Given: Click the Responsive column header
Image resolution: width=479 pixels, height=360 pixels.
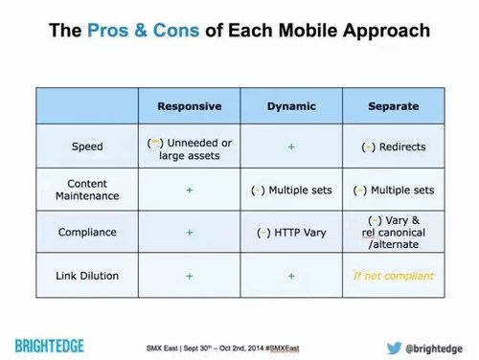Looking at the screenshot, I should (x=190, y=106).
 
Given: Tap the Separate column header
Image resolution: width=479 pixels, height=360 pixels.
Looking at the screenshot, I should (x=393, y=106).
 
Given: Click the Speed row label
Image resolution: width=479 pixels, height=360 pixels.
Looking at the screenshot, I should (x=87, y=147).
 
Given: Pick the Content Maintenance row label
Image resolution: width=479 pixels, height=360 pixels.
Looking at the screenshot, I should (x=87, y=190).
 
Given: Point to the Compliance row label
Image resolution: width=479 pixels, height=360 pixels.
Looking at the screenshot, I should (x=87, y=232).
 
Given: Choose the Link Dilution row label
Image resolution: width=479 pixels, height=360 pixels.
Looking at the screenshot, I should (x=87, y=276).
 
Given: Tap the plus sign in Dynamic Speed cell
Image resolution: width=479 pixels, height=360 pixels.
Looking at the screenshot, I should (x=290, y=147).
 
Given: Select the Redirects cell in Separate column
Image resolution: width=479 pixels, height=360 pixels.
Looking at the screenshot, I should (x=393, y=147).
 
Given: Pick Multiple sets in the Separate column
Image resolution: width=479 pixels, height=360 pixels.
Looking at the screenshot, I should (x=393, y=190).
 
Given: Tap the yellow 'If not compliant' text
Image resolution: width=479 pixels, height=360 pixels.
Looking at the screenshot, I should (x=393, y=276).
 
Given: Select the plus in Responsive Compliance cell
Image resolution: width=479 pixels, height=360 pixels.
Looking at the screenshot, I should (x=190, y=232).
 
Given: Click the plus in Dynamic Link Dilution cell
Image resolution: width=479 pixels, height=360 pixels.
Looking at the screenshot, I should (x=290, y=276).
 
